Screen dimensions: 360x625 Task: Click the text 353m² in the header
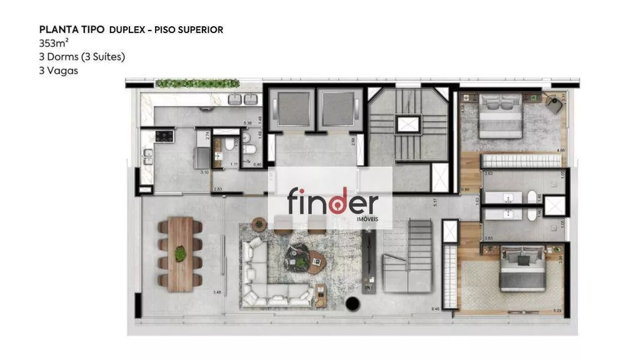click(54, 43)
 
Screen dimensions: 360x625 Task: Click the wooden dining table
click(181, 254)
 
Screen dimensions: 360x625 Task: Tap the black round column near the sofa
click(353, 304)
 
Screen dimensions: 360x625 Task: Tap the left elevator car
click(292, 110)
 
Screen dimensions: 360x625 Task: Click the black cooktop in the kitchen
click(164, 136)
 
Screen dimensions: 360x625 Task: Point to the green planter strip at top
click(197, 83)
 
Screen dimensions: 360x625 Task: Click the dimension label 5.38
click(247, 123)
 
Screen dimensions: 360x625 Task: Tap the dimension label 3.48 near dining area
click(217, 292)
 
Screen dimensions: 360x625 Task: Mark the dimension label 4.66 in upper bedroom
click(561, 150)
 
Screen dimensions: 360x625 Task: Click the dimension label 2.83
click(217, 189)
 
